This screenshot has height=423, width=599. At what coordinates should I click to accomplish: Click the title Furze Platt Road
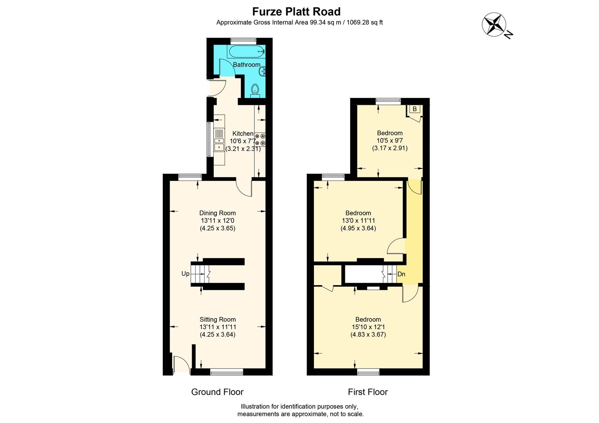296,11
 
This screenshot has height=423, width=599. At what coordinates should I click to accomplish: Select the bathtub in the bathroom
246,52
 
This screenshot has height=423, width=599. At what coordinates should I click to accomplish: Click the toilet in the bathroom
255,90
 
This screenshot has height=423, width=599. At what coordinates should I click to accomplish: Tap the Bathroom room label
247,65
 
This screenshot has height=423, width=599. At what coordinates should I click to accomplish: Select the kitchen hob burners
261,140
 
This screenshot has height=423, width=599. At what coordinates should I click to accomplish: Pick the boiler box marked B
415,109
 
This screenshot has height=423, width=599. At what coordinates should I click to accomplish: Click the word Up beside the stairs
185,274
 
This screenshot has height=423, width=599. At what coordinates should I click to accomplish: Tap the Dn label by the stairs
401,274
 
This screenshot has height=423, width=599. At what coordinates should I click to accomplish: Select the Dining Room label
218,213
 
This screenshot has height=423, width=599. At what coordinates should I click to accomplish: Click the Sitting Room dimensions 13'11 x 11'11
218,327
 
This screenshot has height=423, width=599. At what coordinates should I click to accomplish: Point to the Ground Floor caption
217,392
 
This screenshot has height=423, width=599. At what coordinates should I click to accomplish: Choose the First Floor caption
368,392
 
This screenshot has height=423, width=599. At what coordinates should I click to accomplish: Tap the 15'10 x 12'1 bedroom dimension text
368,327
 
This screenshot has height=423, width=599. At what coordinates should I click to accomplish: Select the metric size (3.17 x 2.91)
390,148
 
